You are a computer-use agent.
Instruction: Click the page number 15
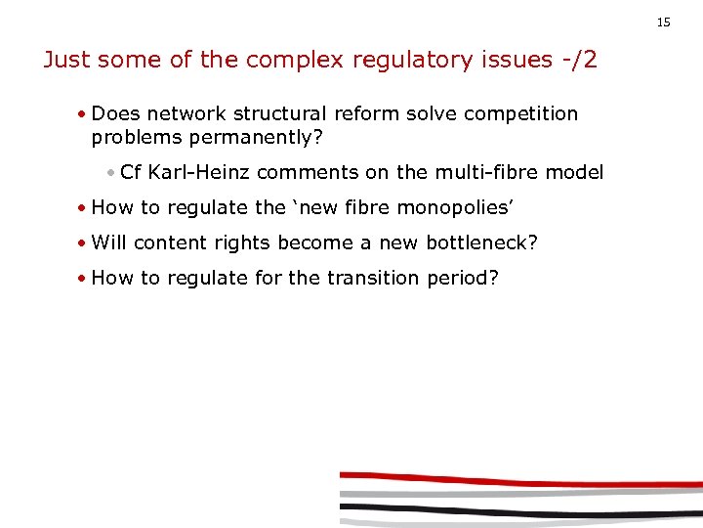(664, 22)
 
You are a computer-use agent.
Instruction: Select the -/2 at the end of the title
(578, 60)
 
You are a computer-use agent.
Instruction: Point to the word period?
(463, 279)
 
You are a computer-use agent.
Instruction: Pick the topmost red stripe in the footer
(517, 479)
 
